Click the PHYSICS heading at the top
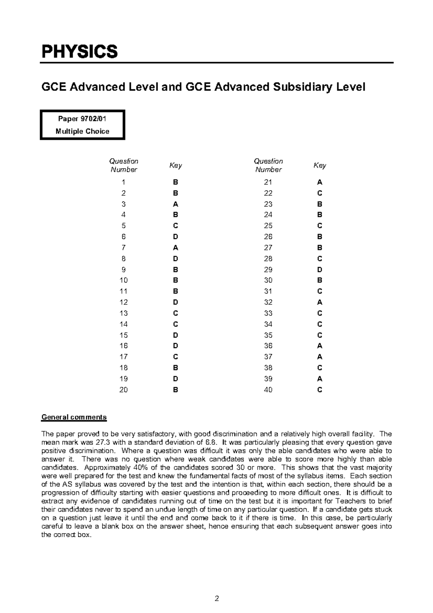tap(80, 52)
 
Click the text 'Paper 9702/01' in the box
tap(82, 119)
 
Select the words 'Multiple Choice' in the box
tap(82, 131)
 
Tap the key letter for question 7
tap(175, 248)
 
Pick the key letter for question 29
tap(320, 270)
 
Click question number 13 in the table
tap(123, 313)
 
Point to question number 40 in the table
tap(268, 390)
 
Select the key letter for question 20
tap(175, 390)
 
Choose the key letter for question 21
tap(320, 182)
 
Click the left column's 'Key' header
tap(175, 165)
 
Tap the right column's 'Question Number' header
tap(268, 165)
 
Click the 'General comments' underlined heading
tap(74, 417)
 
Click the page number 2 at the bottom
tap(216, 599)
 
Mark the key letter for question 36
tap(320, 346)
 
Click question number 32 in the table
tap(268, 302)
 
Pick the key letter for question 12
tap(175, 302)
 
